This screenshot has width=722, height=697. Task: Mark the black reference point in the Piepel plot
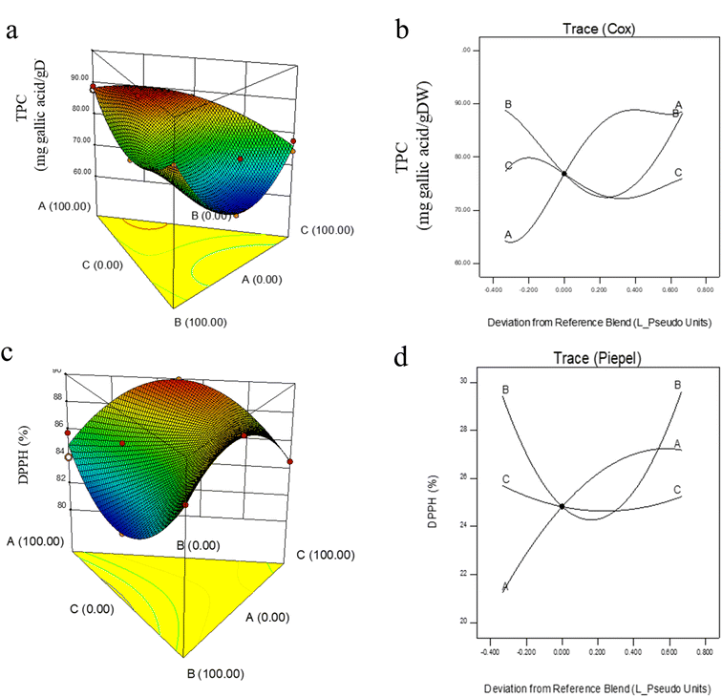click(x=562, y=506)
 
